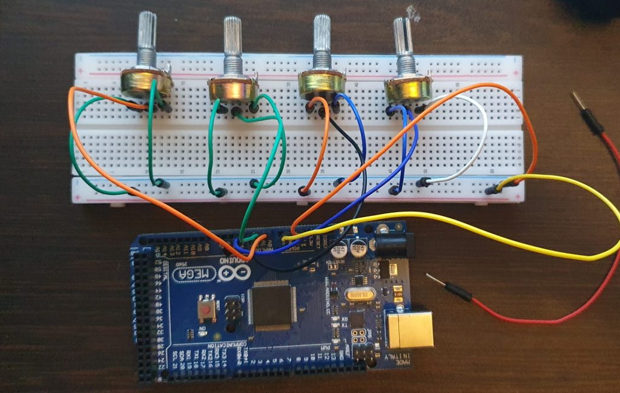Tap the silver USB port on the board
click(412, 330)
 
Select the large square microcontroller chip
click(273, 306)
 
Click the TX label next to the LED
click(343, 327)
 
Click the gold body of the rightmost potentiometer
click(409, 89)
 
